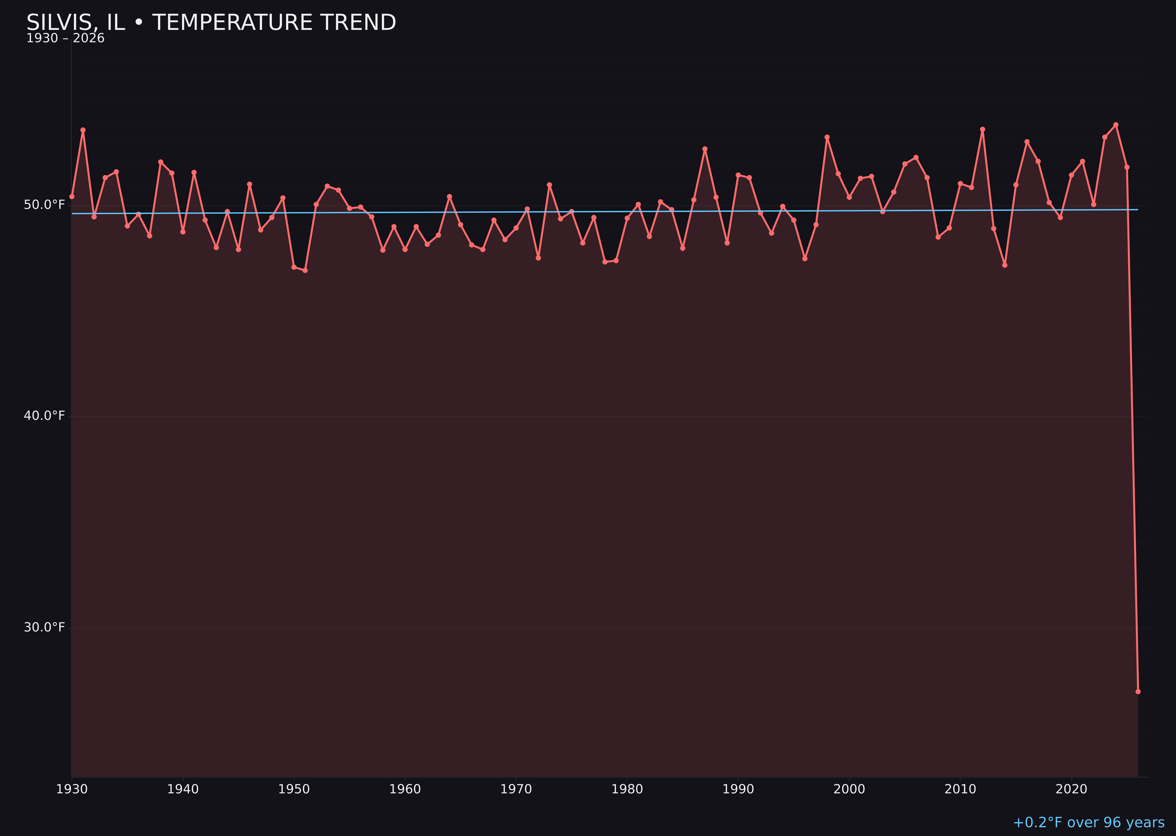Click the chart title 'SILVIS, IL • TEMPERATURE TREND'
pos(211,23)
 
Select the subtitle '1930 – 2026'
pos(65,39)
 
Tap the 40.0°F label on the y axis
pos(44,416)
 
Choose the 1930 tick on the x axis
pos(71,789)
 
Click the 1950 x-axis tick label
pos(294,789)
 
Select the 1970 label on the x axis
pos(516,789)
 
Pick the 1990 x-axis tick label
pos(738,789)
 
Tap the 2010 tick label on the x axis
pos(960,789)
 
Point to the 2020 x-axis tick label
pos(1071,789)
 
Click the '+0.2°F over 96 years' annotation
pos(1088,822)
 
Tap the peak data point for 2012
pos(983,130)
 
